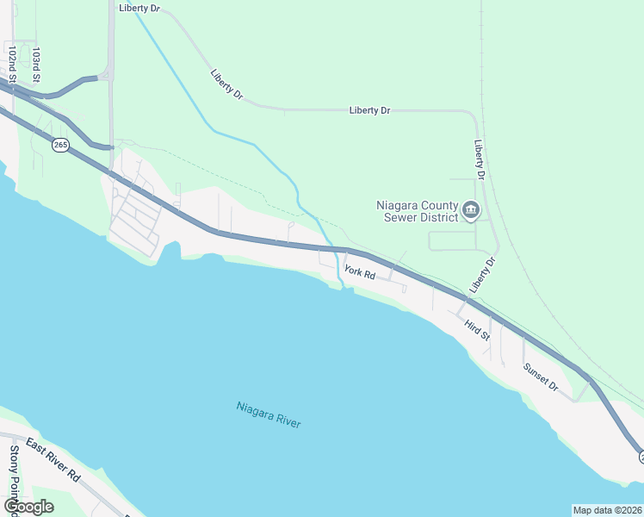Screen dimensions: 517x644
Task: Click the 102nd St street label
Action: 12,65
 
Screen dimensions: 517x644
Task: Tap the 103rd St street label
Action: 36,65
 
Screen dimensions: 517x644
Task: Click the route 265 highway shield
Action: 60,146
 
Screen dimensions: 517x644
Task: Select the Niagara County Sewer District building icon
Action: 471,209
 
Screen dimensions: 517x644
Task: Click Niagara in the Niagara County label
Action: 397,205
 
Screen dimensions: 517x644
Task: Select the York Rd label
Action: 360,273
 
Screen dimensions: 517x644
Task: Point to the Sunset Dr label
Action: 541,376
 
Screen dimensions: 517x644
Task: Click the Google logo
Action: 28,506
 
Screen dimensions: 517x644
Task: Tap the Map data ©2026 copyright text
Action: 607,509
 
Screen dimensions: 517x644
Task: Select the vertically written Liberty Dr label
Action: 480,160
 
